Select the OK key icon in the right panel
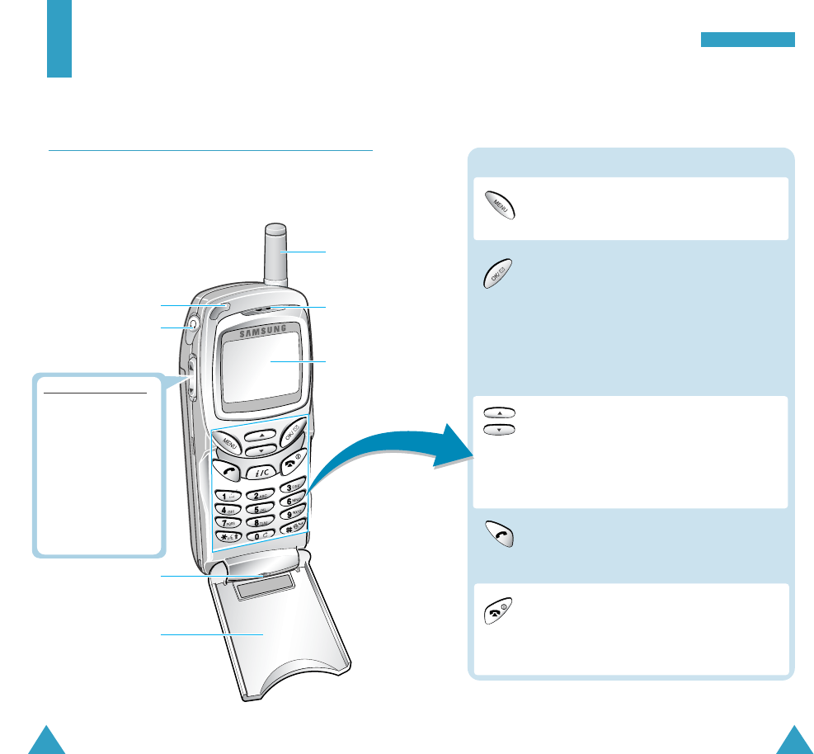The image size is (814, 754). point(498,271)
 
